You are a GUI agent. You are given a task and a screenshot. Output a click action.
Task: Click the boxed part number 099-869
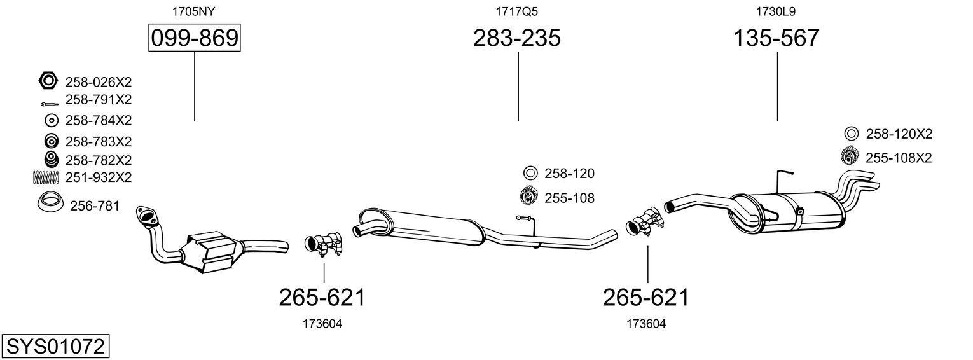pyautogui.click(x=194, y=39)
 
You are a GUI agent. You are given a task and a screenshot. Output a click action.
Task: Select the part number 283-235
pyautogui.click(x=516, y=39)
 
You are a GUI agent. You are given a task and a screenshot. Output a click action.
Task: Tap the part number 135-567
pyautogui.click(x=776, y=39)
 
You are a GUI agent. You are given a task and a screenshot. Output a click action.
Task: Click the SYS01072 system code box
pyautogui.click(x=55, y=347)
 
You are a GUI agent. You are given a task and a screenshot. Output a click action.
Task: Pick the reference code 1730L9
pyautogui.click(x=776, y=11)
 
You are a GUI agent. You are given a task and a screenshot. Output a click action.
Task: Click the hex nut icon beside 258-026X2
pyautogui.click(x=48, y=81)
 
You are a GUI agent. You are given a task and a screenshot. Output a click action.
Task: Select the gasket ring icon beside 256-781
pyautogui.click(x=50, y=202)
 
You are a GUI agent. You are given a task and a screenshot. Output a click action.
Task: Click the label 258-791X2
pyautogui.click(x=98, y=100)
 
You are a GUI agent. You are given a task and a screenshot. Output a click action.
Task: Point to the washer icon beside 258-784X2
pyautogui.click(x=51, y=120)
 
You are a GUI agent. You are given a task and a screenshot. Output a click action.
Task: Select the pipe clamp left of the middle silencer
pyautogui.click(x=324, y=245)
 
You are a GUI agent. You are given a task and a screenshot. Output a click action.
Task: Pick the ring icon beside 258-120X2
pyautogui.click(x=851, y=134)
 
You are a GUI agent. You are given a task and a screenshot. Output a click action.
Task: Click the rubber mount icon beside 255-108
pyautogui.click(x=528, y=197)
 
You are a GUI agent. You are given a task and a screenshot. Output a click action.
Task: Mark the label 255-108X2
pyautogui.click(x=898, y=157)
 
